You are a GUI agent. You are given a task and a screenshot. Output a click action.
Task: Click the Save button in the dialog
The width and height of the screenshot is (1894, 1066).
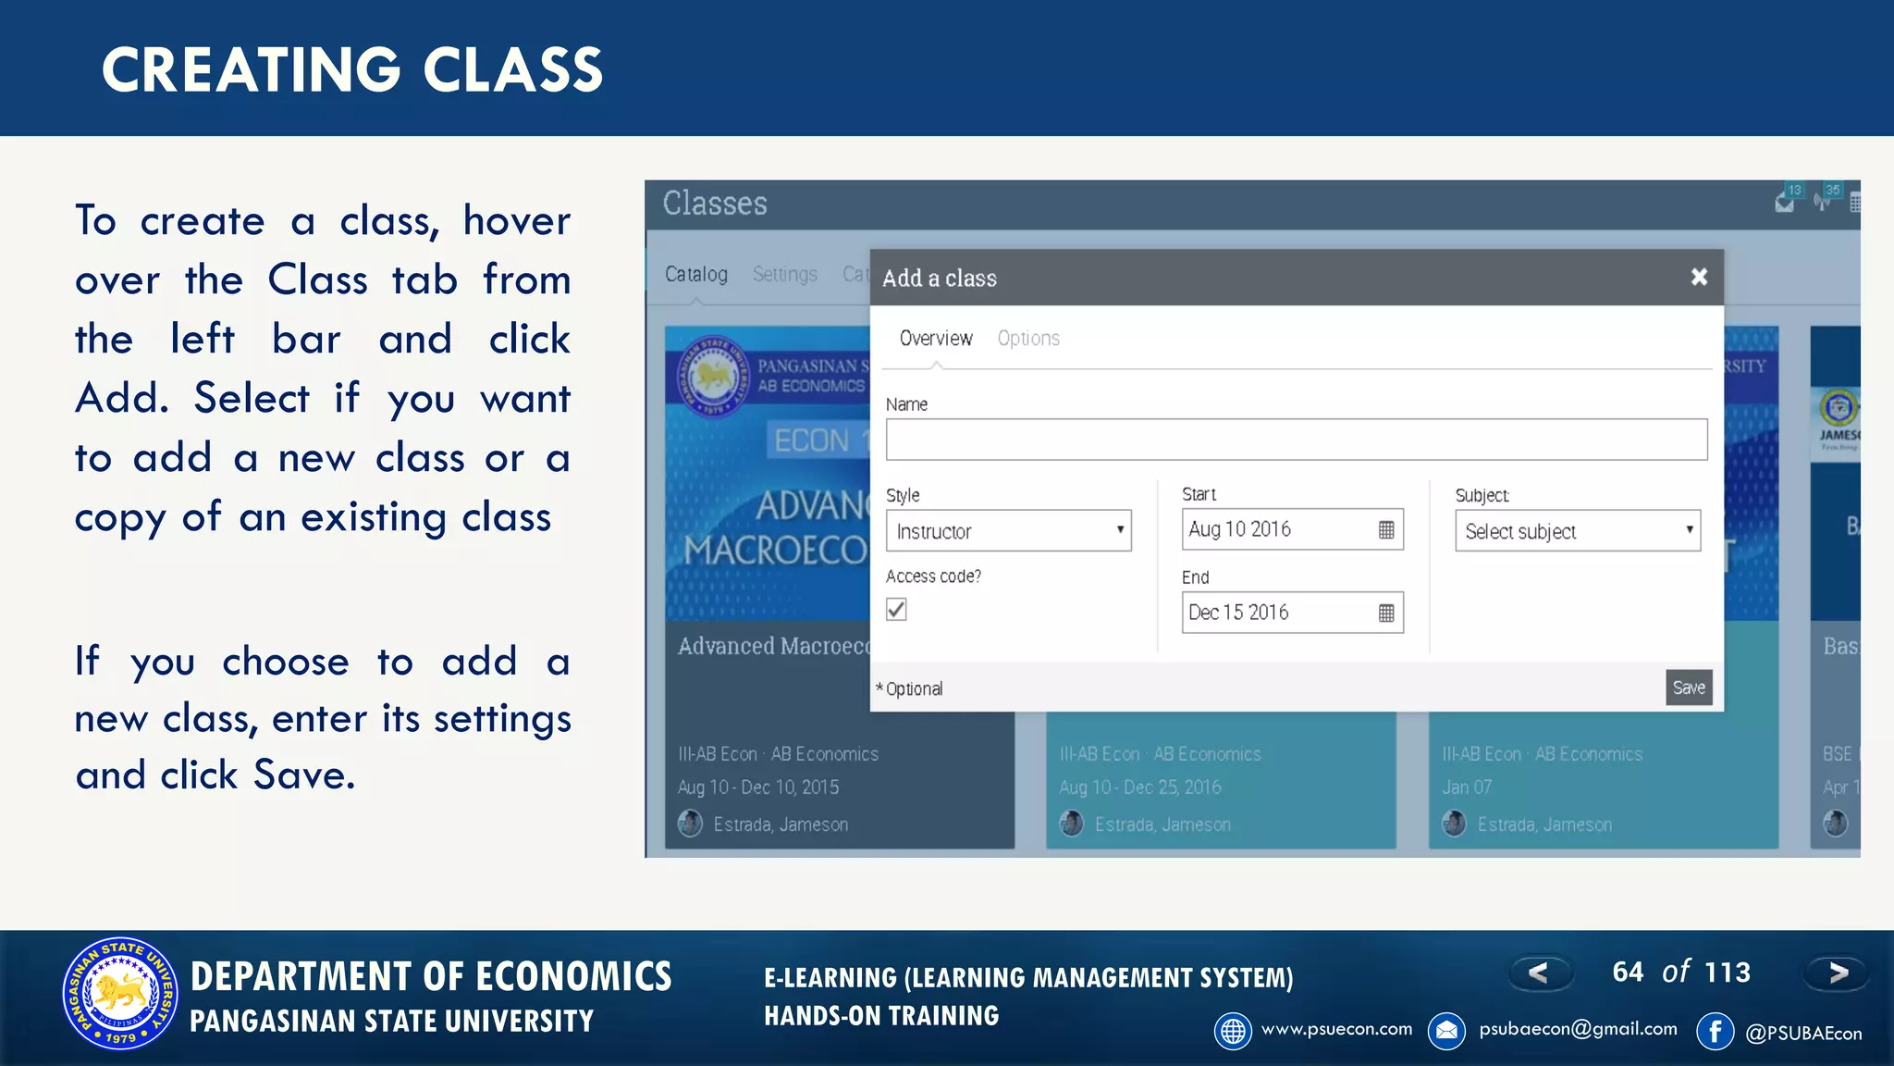pyautogui.click(x=1688, y=688)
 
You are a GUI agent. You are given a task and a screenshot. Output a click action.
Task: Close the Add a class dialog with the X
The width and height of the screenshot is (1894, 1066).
pyautogui.click(x=1699, y=277)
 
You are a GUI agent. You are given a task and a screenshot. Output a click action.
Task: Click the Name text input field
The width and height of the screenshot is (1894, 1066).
pyautogui.click(x=1296, y=440)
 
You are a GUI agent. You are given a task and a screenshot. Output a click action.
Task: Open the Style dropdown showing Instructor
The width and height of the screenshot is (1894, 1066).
pyautogui.click(x=1008, y=531)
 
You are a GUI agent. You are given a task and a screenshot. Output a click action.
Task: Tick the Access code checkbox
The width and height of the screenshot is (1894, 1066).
pyautogui.click(x=896, y=609)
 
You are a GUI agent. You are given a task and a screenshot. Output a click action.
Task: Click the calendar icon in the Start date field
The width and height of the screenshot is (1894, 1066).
pyautogui.click(x=1386, y=529)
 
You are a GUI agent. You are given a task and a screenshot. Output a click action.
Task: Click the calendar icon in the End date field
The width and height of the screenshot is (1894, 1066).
pyautogui.click(x=1386, y=613)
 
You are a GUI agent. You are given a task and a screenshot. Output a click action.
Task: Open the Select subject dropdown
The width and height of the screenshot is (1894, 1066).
pyautogui.click(x=1578, y=531)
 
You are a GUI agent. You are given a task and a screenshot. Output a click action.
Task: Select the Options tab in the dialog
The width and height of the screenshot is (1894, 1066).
pyautogui.click(x=1028, y=339)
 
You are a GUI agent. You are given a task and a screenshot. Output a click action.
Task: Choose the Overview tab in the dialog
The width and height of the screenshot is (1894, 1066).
pyautogui.click(x=936, y=339)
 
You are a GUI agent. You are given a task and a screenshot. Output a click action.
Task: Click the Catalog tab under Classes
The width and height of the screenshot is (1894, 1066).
pyautogui.click(x=696, y=275)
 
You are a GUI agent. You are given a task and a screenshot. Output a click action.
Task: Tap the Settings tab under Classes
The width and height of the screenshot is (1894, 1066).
pyautogui.click(x=785, y=275)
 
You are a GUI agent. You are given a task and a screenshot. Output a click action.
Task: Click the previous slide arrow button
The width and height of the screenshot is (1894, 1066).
pyautogui.click(x=1539, y=973)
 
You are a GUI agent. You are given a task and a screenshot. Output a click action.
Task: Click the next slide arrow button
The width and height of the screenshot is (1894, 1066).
pyautogui.click(x=1838, y=973)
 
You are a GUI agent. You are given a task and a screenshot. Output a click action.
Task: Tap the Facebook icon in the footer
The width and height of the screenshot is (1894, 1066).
pyautogui.click(x=1716, y=1031)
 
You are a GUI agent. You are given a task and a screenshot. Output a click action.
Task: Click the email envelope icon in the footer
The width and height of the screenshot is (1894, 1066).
pyautogui.click(x=1447, y=1031)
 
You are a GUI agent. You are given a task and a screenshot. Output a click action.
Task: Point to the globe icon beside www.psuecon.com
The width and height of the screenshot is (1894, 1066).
pyautogui.click(x=1233, y=1031)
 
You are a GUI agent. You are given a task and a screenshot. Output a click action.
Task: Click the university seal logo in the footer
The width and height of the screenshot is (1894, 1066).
pyautogui.click(x=120, y=994)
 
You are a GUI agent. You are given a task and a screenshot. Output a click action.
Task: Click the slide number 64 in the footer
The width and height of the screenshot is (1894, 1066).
pyautogui.click(x=1628, y=973)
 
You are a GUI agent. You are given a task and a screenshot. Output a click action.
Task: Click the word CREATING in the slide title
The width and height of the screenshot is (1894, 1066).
pyautogui.click(x=251, y=70)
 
